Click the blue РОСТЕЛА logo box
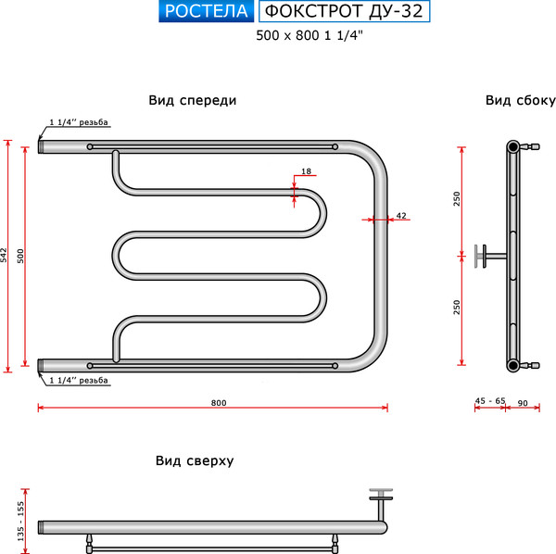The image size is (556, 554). (x=207, y=12)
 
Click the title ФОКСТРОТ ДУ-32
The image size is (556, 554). (x=344, y=12)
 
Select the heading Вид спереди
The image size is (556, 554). (x=193, y=101)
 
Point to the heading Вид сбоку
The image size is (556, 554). (x=520, y=101)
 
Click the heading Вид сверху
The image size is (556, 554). (x=194, y=460)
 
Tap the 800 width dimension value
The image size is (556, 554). (x=218, y=402)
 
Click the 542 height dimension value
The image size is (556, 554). (x=5, y=255)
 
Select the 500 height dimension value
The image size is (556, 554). (x=21, y=255)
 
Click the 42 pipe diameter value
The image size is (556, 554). (x=400, y=215)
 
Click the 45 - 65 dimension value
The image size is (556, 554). (x=489, y=400)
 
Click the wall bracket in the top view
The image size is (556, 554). (x=381, y=500)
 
